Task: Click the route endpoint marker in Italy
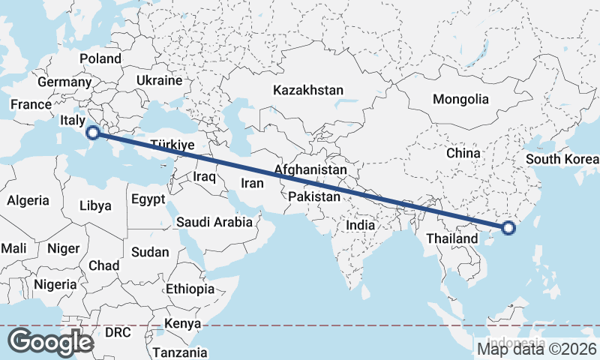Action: click(93, 133)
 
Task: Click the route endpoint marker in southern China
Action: click(508, 228)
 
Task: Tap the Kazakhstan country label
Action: click(308, 90)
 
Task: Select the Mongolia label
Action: click(460, 99)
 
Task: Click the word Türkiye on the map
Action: click(172, 145)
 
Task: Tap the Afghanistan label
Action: click(310, 170)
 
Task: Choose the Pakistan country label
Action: click(314, 196)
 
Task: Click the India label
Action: click(360, 224)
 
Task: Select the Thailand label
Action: click(451, 238)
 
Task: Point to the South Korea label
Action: click(562, 159)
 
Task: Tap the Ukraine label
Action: click(160, 80)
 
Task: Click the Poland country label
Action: click(100, 58)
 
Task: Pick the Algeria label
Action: click(28, 200)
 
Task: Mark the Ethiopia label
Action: click(190, 289)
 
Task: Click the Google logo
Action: click(49, 341)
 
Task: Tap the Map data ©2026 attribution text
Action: click(538, 348)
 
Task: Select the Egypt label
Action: click(147, 200)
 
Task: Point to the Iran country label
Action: click(253, 183)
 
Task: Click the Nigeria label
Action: click(55, 284)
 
